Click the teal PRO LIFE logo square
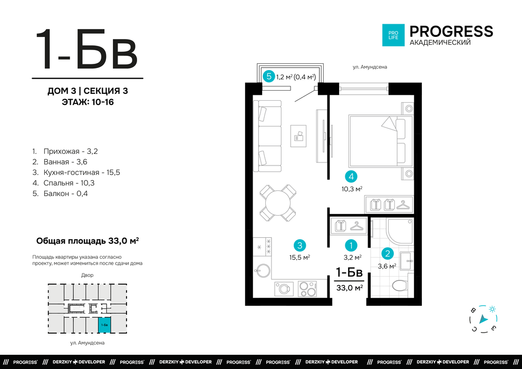393,35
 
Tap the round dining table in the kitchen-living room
278,202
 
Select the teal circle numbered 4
351,177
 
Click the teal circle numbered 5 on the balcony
269,76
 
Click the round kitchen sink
263,270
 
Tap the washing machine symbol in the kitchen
284,289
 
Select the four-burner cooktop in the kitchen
307,288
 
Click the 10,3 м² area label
352,189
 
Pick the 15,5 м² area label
299,257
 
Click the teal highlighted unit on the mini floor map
104,325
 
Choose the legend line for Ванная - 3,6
60,162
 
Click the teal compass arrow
483,320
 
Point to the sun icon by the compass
492,309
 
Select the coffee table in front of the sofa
298,136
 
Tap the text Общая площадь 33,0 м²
88,240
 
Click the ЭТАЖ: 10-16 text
88,102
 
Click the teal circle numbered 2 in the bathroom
387,254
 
